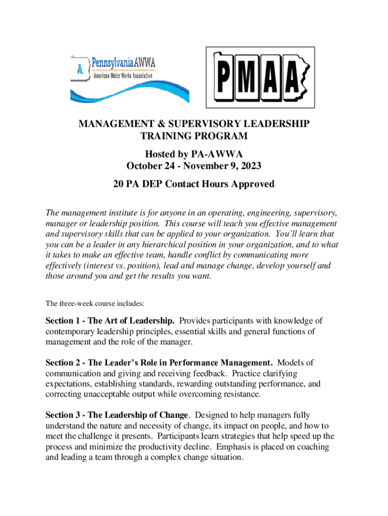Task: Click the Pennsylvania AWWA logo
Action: [128, 78]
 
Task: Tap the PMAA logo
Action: [260, 77]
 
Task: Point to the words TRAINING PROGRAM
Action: [194, 136]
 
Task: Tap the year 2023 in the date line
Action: [251, 166]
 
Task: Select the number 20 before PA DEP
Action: [119, 184]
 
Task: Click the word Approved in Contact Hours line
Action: [252, 184]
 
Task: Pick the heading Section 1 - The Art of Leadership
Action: [110, 320]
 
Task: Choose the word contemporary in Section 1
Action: [73, 331]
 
